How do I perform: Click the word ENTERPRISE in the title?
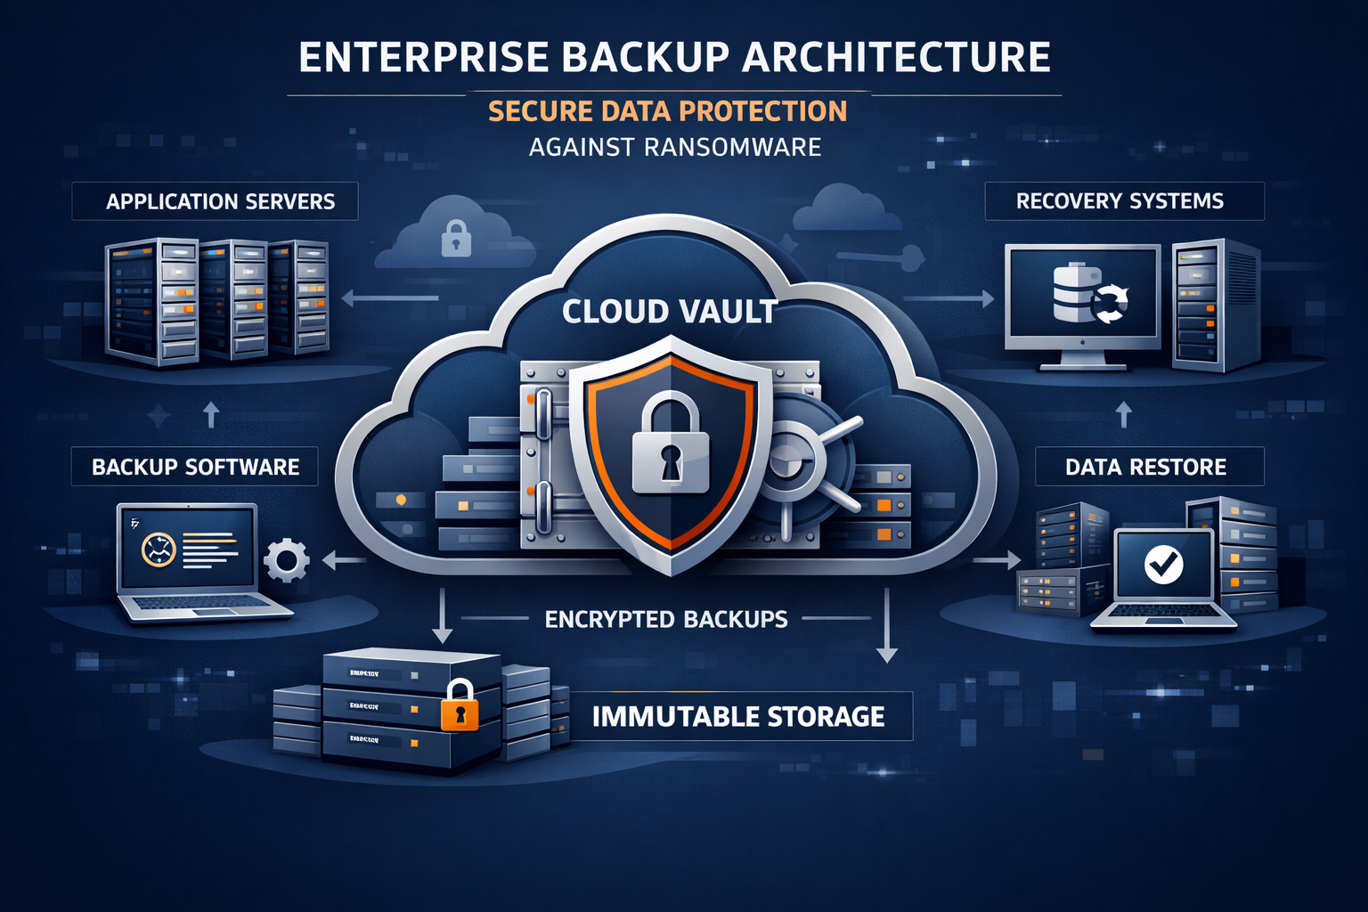[x=423, y=58]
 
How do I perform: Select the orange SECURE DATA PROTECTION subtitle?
[x=667, y=111]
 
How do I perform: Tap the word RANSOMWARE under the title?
[x=732, y=147]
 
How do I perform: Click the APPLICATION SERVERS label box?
[x=215, y=201]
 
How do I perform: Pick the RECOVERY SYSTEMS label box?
[x=1124, y=201]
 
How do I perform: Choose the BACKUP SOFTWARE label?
[x=195, y=467]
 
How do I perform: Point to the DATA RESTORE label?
[x=1149, y=467]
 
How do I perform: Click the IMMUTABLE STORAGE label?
[x=738, y=716]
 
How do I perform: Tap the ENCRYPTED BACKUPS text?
[x=666, y=619]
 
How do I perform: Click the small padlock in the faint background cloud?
[x=456, y=239]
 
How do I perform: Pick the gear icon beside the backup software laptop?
[x=287, y=560]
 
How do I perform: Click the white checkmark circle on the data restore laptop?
[x=1163, y=564]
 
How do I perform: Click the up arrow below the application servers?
[x=211, y=414]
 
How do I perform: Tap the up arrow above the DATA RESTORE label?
[x=1124, y=414]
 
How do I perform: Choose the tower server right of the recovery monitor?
[x=1215, y=305]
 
